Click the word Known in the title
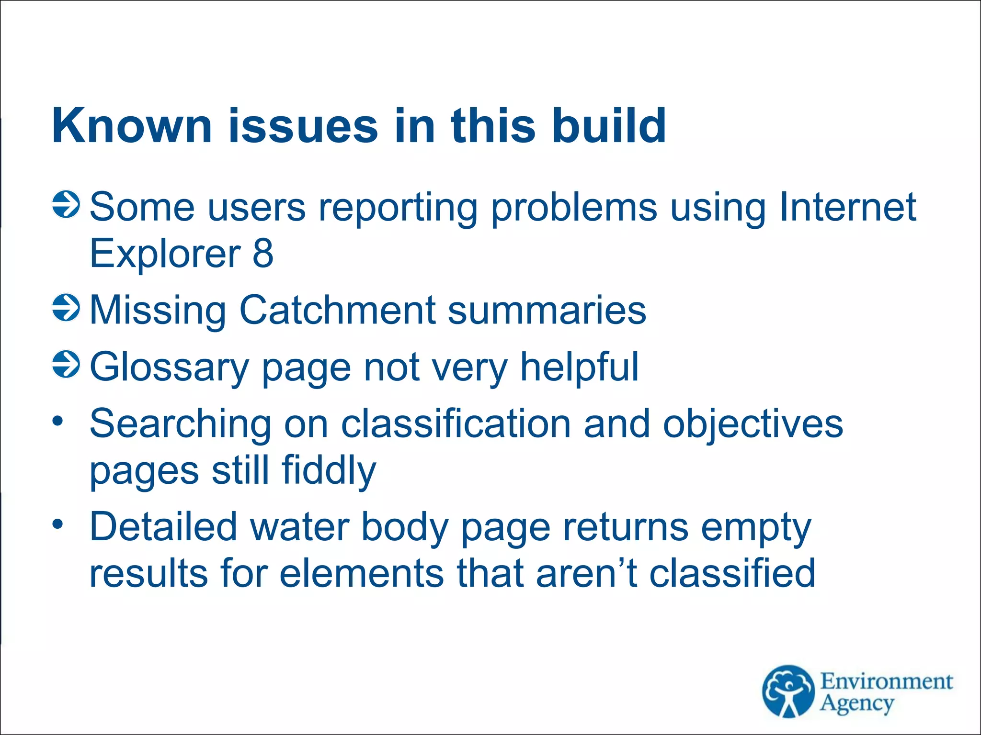coord(132,126)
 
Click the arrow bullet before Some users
coord(66,205)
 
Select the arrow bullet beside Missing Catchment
coord(66,308)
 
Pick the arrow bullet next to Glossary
coord(66,364)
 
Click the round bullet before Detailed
coord(58,524)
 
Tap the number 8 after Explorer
coord(262,254)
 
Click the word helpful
coord(579,367)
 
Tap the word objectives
coord(753,424)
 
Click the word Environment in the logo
coord(886,681)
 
